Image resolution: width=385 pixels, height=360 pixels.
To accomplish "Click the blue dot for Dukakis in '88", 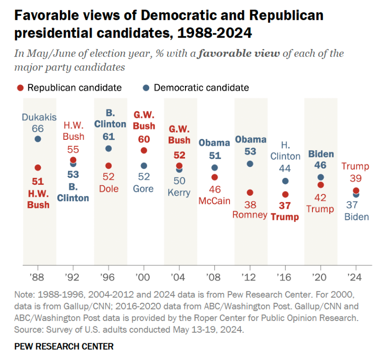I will [x=38, y=139].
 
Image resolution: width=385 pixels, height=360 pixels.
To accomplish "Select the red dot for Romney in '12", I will [x=250, y=192].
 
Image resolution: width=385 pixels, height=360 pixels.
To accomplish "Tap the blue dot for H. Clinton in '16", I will [x=285, y=181].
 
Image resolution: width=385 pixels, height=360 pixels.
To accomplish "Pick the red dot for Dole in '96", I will [x=108, y=166].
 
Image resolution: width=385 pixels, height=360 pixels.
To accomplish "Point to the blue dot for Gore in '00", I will [x=144, y=166].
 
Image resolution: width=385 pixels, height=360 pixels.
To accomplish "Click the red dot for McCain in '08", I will [x=214, y=177].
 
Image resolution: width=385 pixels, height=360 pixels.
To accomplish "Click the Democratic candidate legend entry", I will [x=196, y=88].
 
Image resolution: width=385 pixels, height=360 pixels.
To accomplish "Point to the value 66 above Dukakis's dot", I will [x=38, y=128].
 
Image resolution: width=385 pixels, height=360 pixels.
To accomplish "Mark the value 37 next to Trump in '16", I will [x=285, y=206].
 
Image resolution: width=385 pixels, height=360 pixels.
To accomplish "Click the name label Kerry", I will [x=179, y=193].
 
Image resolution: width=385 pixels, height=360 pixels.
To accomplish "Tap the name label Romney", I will [x=250, y=215].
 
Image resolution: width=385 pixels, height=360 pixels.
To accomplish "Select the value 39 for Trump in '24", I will [x=356, y=179].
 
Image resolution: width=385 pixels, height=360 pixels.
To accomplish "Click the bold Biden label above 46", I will [x=321, y=154].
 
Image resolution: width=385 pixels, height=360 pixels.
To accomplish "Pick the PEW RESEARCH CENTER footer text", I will [x=64, y=346].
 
